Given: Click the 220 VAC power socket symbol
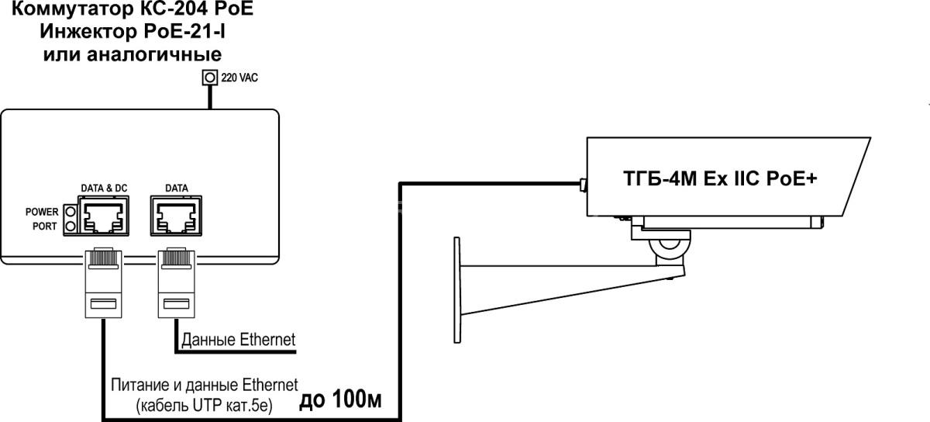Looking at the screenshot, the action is coord(210,78).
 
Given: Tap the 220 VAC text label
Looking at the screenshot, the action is coord(239,78).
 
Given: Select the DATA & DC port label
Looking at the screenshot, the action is coord(104,189).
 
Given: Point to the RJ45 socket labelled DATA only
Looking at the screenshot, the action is coord(176,216).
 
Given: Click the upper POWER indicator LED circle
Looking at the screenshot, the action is coord(71,212).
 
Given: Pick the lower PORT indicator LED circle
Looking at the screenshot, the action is coord(71,227).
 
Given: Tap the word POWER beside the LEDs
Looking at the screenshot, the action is coord(42,212).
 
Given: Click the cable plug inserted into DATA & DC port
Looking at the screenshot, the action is coord(103,283).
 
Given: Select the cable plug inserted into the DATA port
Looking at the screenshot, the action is coord(176,283).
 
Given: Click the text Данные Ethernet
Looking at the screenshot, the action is coord(239,340).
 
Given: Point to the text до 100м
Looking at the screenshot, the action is coord(340,400).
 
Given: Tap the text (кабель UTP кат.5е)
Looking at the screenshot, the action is coord(205,406).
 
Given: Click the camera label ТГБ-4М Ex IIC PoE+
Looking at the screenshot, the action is coord(720,178).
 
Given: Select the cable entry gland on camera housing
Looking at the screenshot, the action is coord(584,185).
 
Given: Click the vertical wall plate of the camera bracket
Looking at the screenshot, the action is coord(457,290).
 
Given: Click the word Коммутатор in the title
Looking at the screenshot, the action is coord(71,9).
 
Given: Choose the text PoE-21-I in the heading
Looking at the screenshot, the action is coord(184,31).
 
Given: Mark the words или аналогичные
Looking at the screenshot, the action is coord(133,54).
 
